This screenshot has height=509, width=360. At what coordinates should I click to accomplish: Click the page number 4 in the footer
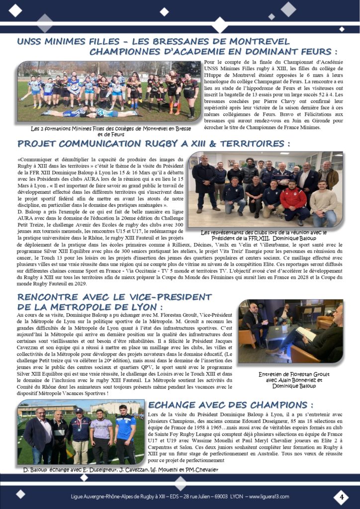[x=341, y=497]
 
